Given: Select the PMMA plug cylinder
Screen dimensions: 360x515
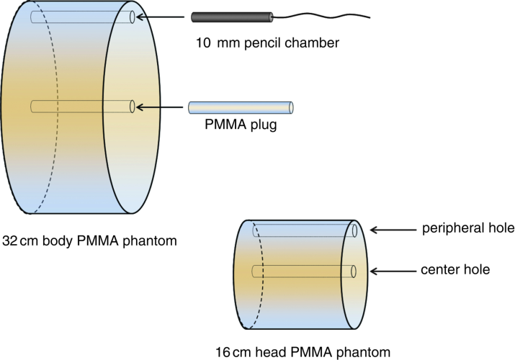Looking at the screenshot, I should (241, 107).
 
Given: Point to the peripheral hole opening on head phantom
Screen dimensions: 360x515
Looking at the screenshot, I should (355, 230).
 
